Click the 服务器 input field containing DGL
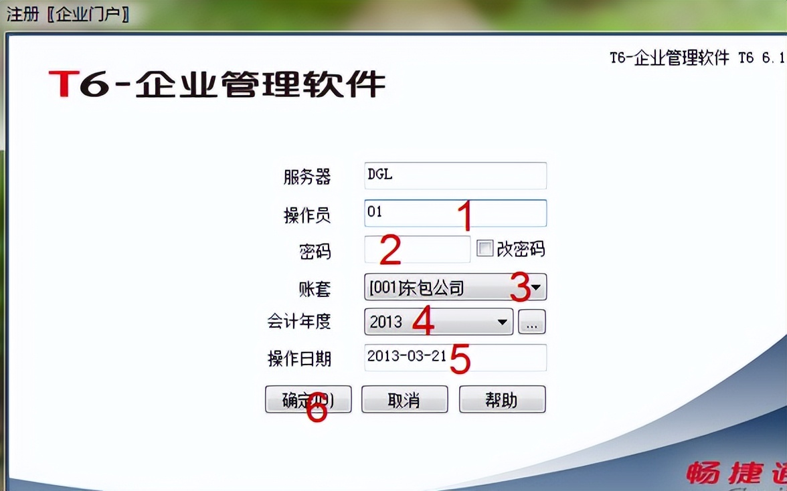(455, 175)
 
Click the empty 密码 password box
(418, 250)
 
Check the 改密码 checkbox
(485, 250)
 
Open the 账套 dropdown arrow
(537, 288)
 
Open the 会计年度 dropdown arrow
(503, 322)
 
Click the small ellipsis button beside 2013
(532, 322)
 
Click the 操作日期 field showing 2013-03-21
(455, 357)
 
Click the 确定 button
(308, 399)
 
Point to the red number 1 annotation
(464, 216)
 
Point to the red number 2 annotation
(389, 250)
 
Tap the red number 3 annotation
(520, 287)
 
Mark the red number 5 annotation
(460, 359)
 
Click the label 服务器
(307, 177)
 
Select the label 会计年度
(299, 322)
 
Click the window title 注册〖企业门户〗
(68, 13)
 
